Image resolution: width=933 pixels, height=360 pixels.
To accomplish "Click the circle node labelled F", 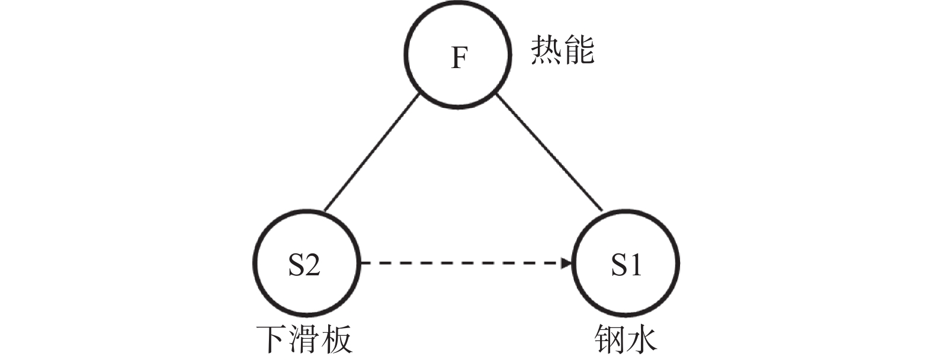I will point(458,56).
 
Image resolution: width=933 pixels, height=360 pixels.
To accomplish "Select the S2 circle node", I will point(305,265).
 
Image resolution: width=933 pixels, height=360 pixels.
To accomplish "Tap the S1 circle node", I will point(627,265).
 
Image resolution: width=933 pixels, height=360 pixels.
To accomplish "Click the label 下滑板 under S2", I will point(304,339).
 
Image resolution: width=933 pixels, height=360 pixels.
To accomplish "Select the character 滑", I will point(304,339).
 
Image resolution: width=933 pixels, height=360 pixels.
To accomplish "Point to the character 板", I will point(337,339).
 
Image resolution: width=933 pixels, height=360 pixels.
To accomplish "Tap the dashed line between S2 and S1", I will point(462,263).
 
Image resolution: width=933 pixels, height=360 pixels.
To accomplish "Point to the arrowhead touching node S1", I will point(568,263).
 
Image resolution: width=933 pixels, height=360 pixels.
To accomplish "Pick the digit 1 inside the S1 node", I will point(635,265).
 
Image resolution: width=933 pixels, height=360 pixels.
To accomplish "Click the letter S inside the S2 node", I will point(296,265).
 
